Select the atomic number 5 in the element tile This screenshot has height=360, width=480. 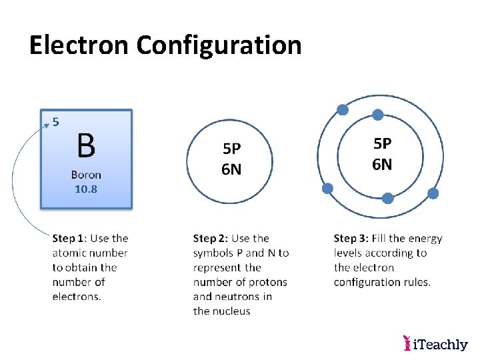pyautogui.click(x=56, y=121)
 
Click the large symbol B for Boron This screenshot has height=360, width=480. pyautogui.click(x=86, y=145)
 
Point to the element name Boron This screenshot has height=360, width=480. pyautogui.click(x=86, y=175)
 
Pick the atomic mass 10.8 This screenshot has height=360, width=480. pyautogui.click(x=86, y=189)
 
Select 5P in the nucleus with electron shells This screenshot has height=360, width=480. pyautogui.click(x=382, y=143)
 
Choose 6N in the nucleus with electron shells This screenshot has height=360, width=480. pyautogui.click(x=382, y=164)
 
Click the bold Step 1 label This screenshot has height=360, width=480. pyautogui.click(x=69, y=238)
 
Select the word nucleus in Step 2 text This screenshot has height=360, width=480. pyautogui.click(x=231, y=311)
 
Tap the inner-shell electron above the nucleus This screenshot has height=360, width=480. pyautogui.click(x=377, y=115)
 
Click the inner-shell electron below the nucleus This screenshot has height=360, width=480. pyautogui.click(x=387, y=197)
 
